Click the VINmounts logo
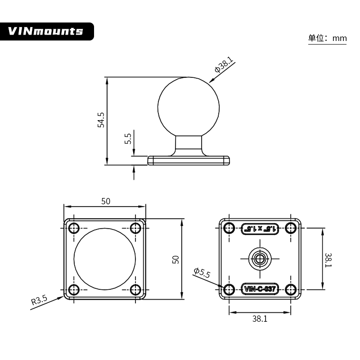pos(46,31)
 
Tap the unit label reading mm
pos(339,39)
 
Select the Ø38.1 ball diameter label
pos(224,66)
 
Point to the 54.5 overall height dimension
pos(101,120)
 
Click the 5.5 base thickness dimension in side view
pos(128,138)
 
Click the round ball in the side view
pos(189,106)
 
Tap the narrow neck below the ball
pos(189,144)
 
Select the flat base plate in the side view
pos(189,160)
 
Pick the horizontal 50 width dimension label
pos(105,201)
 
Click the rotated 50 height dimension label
pos(176,259)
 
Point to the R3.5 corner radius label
pos(39,301)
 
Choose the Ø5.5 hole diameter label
pos(202,273)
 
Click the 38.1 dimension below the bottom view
pos(260,319)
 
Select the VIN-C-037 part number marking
pos(260,289)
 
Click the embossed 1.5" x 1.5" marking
pos(260,229)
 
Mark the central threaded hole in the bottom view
pos(260,258)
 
